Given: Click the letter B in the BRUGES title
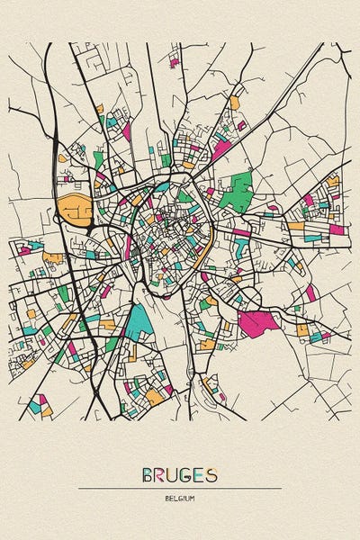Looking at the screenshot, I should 148,474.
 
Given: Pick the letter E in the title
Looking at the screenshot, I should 200,474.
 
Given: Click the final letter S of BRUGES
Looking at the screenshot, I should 211,474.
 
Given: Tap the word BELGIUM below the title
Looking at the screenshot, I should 180,498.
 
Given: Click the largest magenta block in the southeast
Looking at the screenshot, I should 256,323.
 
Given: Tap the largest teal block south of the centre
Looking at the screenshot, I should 139,319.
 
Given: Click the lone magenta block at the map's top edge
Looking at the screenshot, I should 175,63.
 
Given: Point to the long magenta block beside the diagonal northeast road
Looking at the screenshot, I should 220,149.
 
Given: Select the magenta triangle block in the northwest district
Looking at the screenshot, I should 127,130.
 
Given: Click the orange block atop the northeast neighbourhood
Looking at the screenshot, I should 235,103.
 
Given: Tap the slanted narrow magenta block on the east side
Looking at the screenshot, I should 310,292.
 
